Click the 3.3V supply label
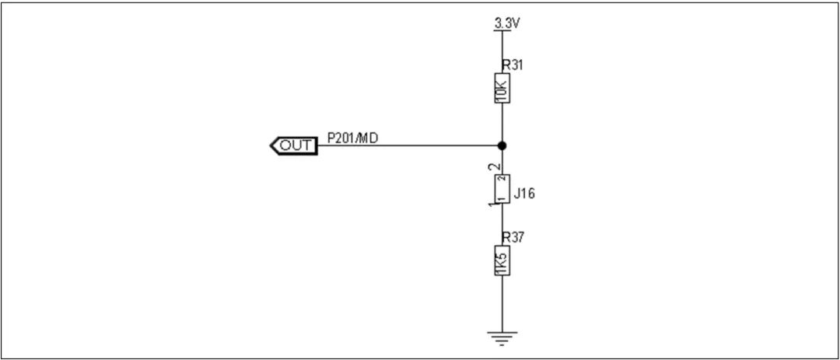506,23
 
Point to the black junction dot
502,145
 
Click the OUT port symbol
292,145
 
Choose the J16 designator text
524,194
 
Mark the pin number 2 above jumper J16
489,167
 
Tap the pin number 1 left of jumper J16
490,204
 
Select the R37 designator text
512,236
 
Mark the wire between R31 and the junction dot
502,124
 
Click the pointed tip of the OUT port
271,145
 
